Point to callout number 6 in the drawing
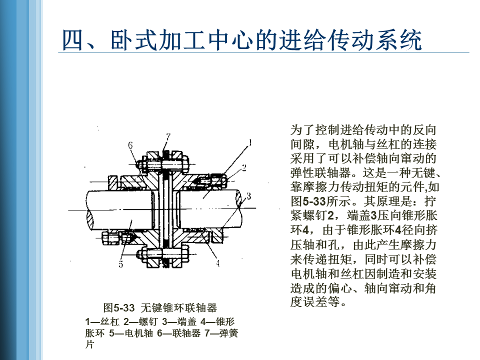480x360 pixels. pyautogui.click(x=130, y=145)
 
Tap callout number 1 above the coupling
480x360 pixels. pyautogui.click(x=250, y=142)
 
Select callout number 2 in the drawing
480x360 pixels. pyautogui.click(x=244, y=168)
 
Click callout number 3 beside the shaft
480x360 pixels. pyautogui.click(x=249, y=196)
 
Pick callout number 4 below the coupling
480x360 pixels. pyautogui.click(x=217, y=263)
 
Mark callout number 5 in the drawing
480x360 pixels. pyautogui.click(x=121, y=264)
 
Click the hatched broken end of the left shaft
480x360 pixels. pyautogui.click(x=90, y=219)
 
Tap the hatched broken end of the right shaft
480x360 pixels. pyautogui.click(x=238, y=199)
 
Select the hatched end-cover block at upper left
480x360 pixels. pyautogui.click(x=112, y=183)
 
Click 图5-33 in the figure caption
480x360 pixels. pyautogui.click(x=119, y=307)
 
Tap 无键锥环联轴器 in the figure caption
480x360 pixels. pyautogui.click(x=179, y=307)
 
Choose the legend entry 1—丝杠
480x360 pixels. pyautogui.click(x=102, y=321)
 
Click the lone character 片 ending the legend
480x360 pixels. pyautogui.click(x=89, y=344)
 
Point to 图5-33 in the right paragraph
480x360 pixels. pyautogui.click(x=308, y=201)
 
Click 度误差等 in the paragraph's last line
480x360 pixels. pyautogui.click(x=315, y=302)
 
